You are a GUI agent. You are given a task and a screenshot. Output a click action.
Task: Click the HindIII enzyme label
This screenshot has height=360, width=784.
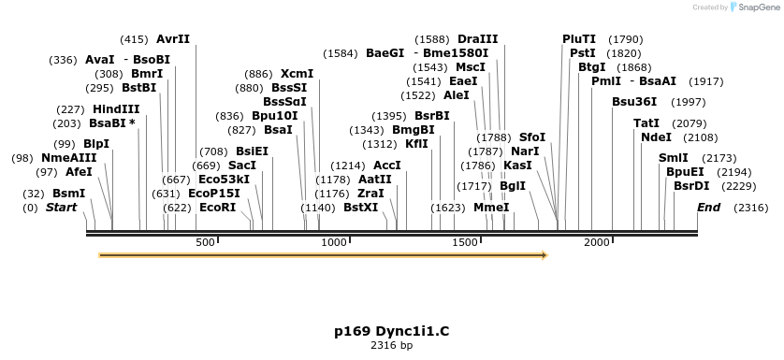[x=116, y=109]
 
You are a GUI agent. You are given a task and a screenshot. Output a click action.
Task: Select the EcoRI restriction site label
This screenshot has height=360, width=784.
[x=217, y=208]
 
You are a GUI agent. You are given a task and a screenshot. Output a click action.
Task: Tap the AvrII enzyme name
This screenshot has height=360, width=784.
[x=173, y=39]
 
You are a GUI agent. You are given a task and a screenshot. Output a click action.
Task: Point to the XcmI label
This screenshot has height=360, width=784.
[x=298, y=74]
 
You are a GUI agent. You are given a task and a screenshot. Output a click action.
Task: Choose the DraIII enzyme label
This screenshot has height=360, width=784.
[x=478, y=39]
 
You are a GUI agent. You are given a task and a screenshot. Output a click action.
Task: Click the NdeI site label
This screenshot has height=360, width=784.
[x=656, y=137]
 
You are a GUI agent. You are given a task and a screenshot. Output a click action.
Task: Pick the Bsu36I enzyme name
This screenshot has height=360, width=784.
[x=634, y=102]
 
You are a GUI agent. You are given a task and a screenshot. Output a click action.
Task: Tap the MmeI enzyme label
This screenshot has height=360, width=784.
[x=491, y=208]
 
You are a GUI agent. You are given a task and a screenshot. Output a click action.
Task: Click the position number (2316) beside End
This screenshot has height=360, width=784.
[x=751, y=208]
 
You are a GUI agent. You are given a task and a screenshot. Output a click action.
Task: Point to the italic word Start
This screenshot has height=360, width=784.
[x=62, y=208]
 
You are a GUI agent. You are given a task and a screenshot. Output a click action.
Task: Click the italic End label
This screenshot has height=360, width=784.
[x=708, y=208]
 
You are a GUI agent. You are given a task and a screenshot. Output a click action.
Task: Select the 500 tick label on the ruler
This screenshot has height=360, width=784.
[x=206, y=243]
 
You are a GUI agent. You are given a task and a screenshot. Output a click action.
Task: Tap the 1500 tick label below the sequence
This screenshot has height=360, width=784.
[x=465, y=243]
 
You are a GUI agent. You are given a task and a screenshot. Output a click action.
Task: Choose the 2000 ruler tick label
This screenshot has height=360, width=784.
[x=597, y=243]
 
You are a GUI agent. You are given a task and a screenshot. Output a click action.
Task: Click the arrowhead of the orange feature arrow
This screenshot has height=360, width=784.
[x=543, y=253]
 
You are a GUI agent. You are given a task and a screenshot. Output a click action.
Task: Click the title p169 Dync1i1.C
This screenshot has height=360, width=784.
[x=391, y=331]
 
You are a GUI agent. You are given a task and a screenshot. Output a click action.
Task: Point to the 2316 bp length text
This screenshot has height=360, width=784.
[x=391, y=346]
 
